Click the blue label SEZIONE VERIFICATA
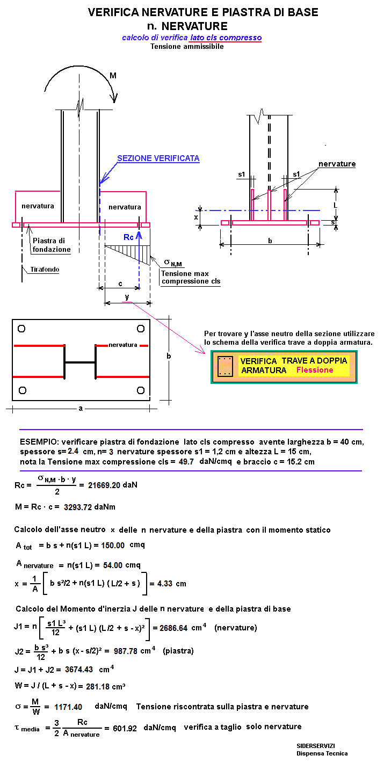[x=158, y=158]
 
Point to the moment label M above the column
[x=113, y=76]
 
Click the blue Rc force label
[x=128, y=237]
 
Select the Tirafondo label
[x=45, y=270]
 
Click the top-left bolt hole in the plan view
[x=21, y=329]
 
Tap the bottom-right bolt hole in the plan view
[x=141, y=390]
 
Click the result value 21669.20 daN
[x=112, y=485]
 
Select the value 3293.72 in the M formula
[x=78, y=507]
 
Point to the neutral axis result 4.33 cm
[x=171, y=584]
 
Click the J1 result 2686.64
[x=173, y=628]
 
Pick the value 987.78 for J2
[x=127, y=651]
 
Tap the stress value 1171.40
[x=68, y=707]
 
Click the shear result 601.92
[x=125, y=729]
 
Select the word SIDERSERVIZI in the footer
[x=316, y=746]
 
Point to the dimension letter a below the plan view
[x=81, y=409]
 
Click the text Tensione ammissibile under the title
[x=187, y=46]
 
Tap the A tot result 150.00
[x=113, y=545]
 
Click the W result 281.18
[x=98, y=686]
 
